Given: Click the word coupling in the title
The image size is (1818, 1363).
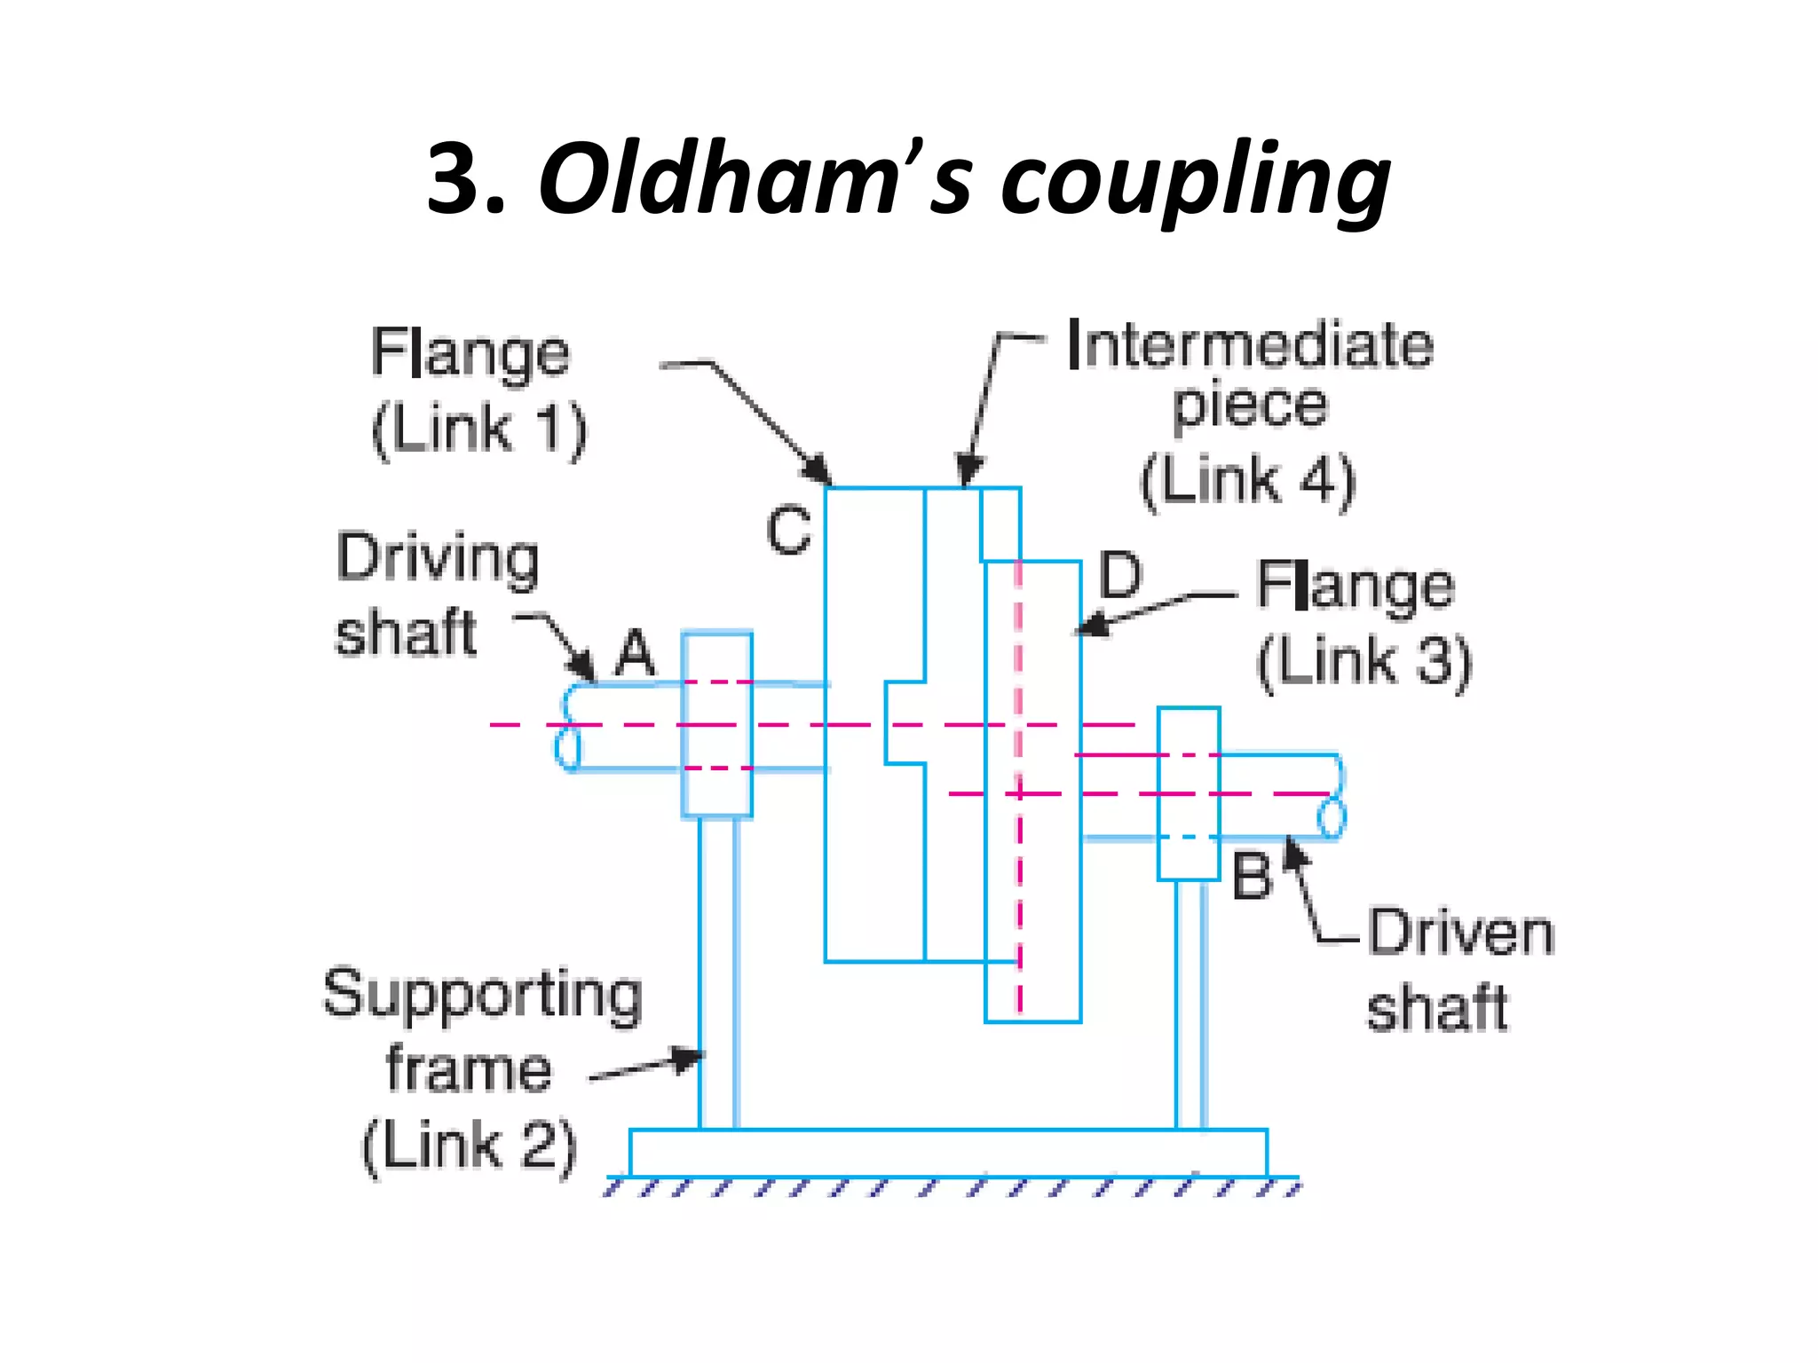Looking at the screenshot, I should (x=1195, y=182).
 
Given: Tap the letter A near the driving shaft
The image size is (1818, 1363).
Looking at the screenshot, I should (x=635, y=654).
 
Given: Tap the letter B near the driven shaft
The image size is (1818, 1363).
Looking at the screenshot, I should (x=1252, y=877).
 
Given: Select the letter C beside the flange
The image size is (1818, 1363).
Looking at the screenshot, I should (x=788, y=531).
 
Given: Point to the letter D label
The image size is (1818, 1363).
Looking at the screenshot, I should (x=1119, y=575).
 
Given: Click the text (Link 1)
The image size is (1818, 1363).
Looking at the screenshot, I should (x=479, y=429).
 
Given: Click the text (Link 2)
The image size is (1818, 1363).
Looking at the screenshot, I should (x=470, y=1146).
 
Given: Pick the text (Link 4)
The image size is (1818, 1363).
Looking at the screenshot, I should (x=1248, y=481).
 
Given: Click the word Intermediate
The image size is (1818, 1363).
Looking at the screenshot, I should (x=1250, y=345).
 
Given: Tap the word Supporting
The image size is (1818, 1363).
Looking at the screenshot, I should (x=482, y=995).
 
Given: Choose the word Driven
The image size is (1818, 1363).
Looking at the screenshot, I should (x=1460, y=933).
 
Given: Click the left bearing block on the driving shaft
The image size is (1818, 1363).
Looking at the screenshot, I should (x=717, y=724).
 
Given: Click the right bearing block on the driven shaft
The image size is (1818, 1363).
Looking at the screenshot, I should (x=1189, y=793).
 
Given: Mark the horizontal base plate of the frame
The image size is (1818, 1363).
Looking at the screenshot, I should (x=948, y=1153).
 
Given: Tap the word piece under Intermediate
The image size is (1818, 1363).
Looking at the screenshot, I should (x=1250, y=406).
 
